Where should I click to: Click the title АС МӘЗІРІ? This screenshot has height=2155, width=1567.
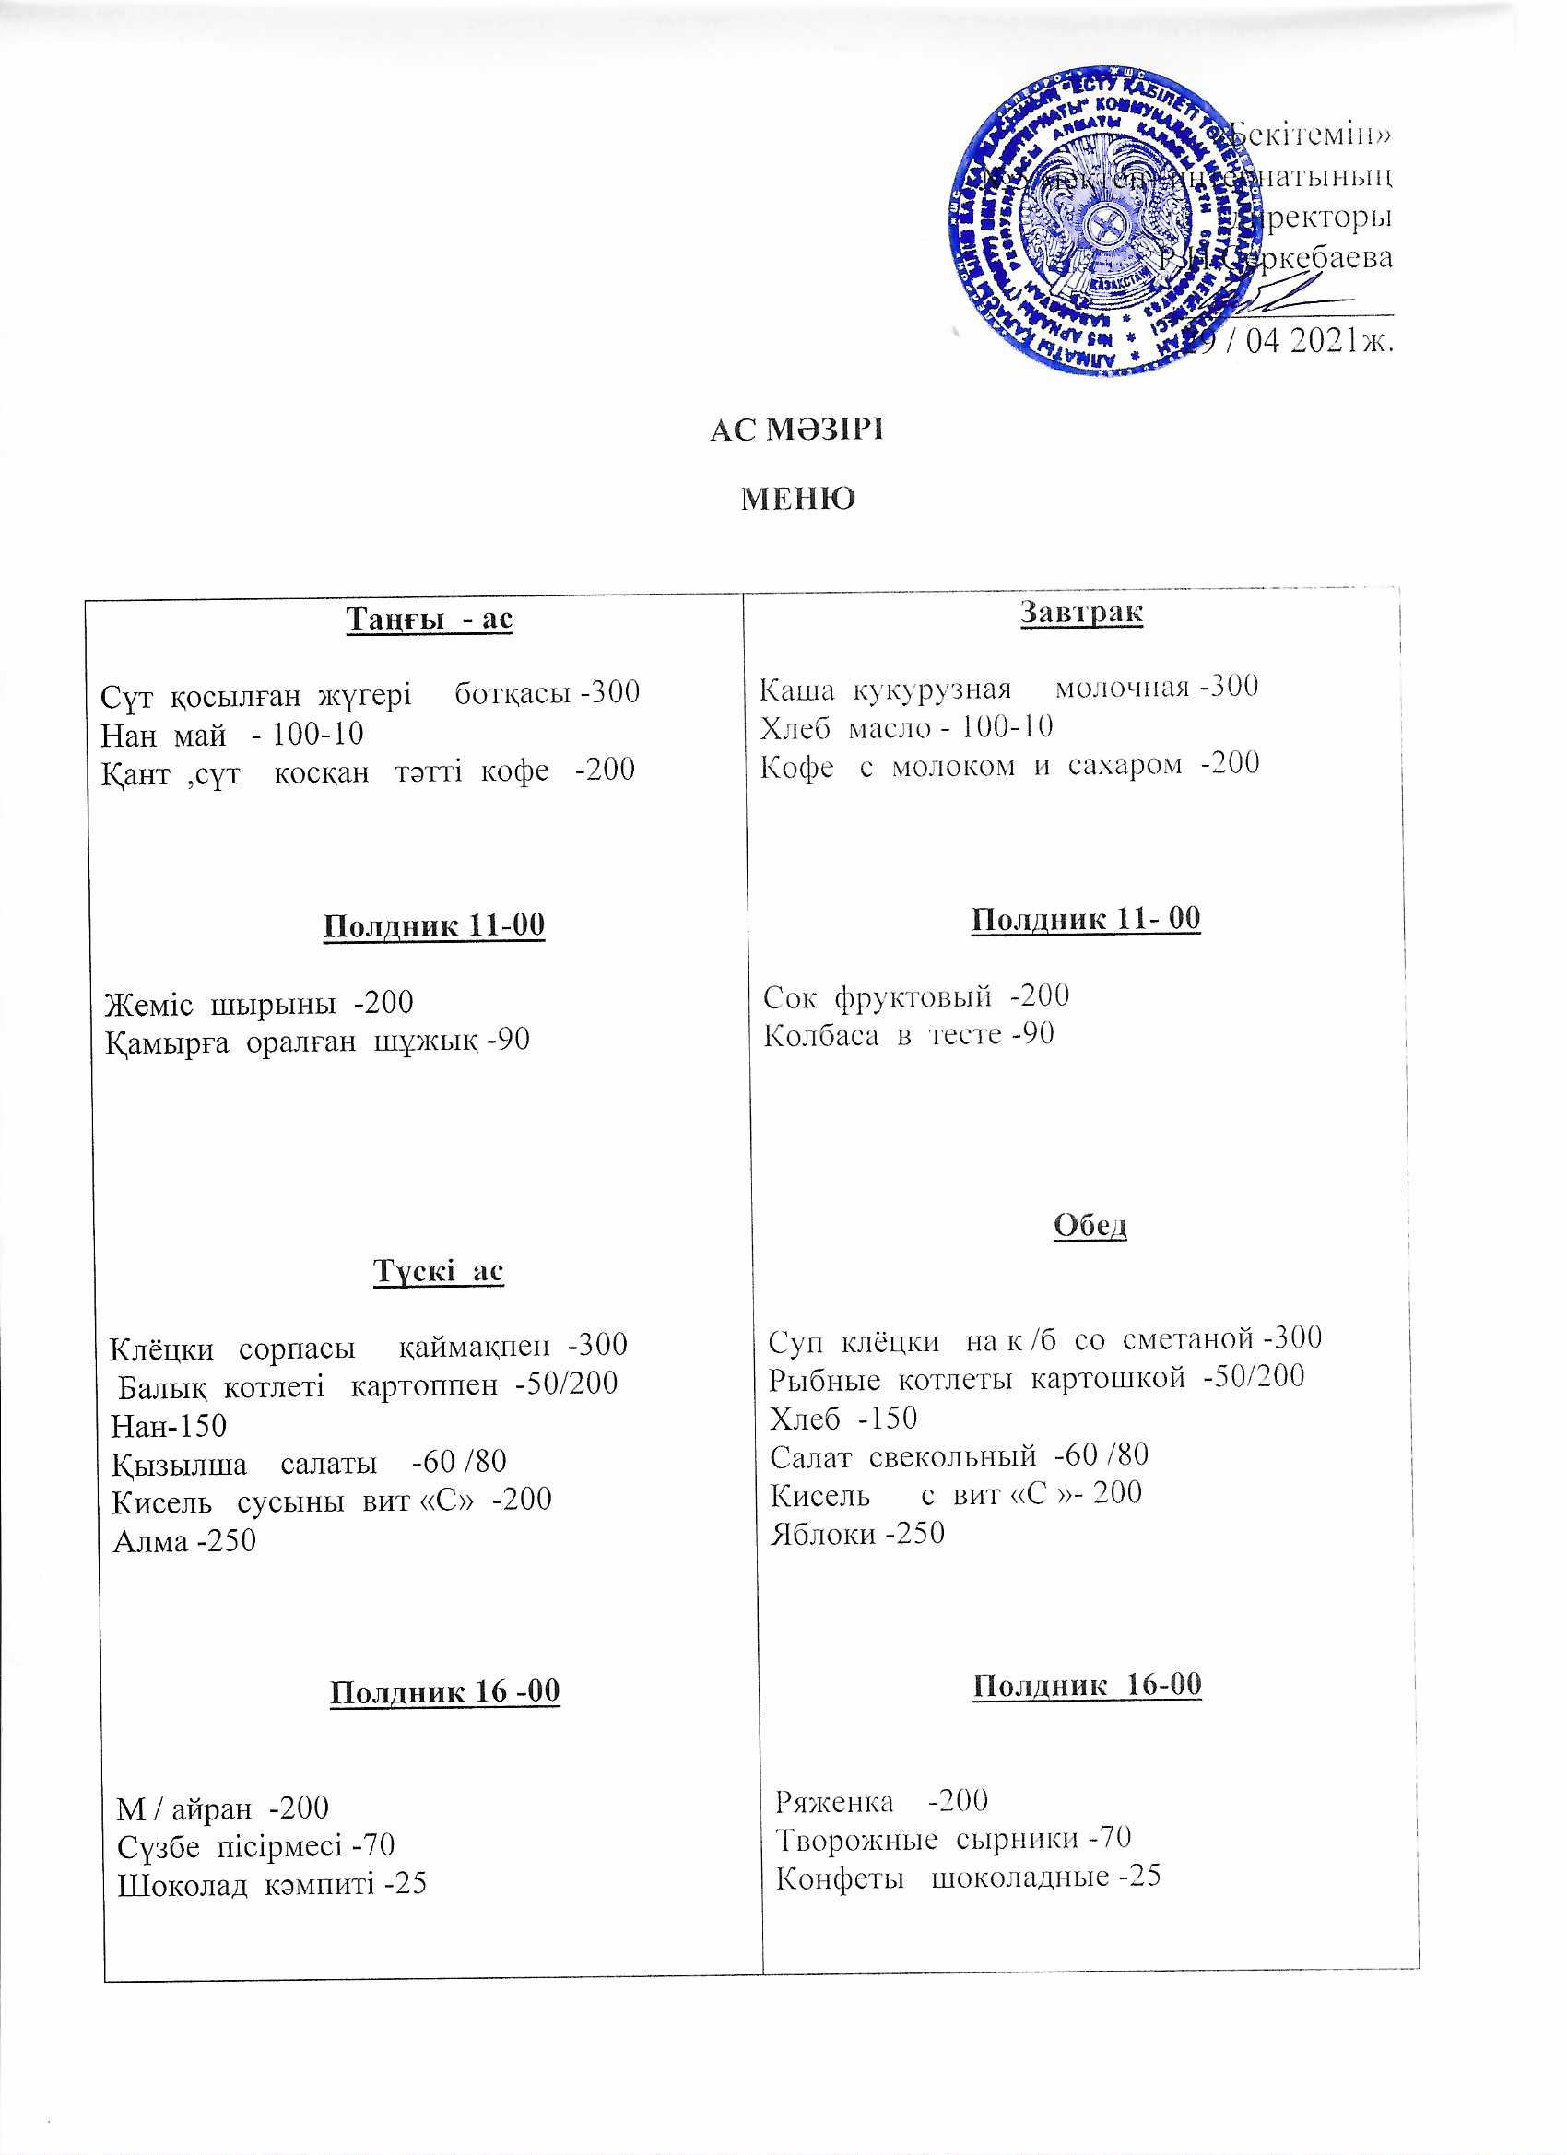point(796,430)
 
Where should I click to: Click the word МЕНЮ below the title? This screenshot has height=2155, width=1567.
point(797,499)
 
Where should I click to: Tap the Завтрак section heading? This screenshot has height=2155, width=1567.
point(1081,612)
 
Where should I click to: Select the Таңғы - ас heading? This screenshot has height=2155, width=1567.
point(429,618)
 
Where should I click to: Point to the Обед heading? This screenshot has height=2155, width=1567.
point(1090,1226)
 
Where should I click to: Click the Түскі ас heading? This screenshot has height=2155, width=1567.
point(438,1271)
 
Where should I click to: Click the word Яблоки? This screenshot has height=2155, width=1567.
point(823,1534)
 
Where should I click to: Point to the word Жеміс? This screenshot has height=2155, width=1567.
point(148,1004)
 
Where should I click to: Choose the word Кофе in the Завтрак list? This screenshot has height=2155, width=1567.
point(797,766)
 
